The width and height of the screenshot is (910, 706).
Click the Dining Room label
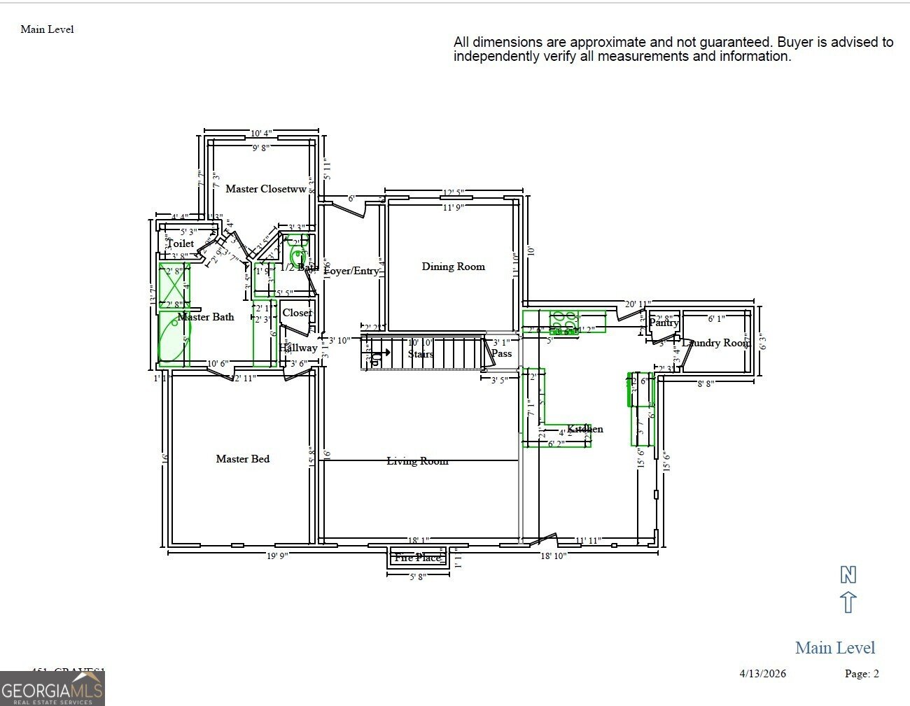coord(453,267)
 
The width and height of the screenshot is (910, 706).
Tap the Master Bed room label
coord(242,459)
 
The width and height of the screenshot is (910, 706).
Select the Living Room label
coord(417,461)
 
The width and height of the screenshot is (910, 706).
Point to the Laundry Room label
coord(715,343)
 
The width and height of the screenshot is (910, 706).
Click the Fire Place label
coord(417,558)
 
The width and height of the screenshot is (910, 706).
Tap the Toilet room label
coord(181,243)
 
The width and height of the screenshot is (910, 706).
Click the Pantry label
coord(663,323)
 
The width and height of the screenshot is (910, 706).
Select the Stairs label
coord(421,354)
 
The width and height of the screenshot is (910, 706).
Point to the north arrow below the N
coord(848,602)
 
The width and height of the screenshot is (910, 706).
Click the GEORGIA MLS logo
coord(52,689)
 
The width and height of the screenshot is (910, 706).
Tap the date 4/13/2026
coord(762,674)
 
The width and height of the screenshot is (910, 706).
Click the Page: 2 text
coord(861,674)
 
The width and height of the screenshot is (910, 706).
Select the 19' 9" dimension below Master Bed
coord(277,556)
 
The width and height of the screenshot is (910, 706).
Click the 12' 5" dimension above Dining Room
coord(453,193)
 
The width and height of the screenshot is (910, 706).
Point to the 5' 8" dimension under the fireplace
coord(417,577)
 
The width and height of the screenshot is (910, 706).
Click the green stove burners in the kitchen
coord(563,322)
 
